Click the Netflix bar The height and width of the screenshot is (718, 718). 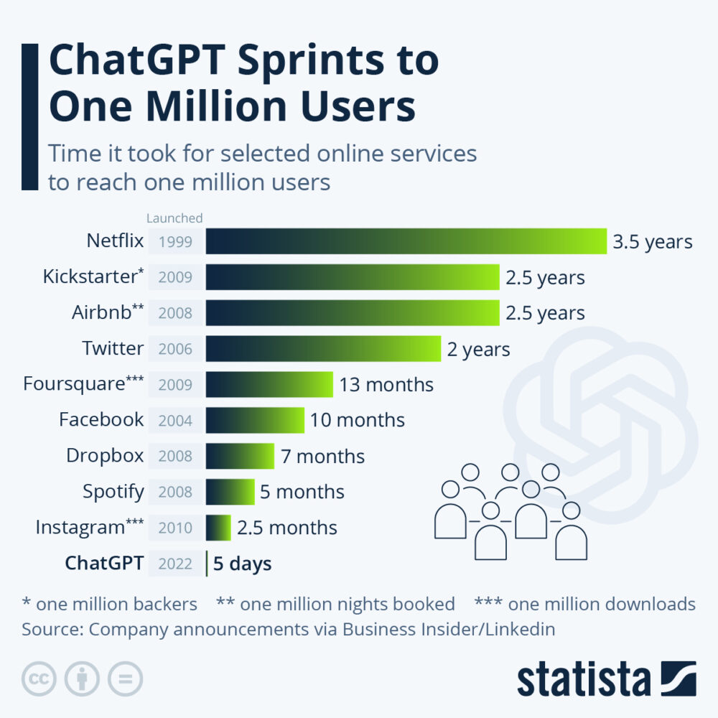[x=406, y=241]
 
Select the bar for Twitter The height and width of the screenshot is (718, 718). [x=323, y=349]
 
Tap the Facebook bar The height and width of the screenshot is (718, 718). [x=255, y=420]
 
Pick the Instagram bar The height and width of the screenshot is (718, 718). [x=218, y=528]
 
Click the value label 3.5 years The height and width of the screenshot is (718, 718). [x=653, y=241]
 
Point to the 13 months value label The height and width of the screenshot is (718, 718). [x=386, y=385]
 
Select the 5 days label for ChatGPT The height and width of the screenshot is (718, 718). [x=242, y=564]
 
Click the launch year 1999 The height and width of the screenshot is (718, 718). [x=176, y=242]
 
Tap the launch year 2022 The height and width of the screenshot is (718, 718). [x=176, y=564]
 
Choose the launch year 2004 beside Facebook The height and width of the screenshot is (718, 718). [x=176, y=421]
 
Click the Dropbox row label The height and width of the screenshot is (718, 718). [x=105, y=456]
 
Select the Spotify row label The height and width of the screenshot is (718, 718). [x=113, y=492]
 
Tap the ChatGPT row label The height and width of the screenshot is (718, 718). [x=105, y=563]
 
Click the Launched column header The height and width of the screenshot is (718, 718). [x=174, y=218]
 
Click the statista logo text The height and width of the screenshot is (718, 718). [x=583, y=679]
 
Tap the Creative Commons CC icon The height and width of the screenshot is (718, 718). [x=39, y=679]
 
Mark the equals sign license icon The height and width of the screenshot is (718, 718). [x=126, y=679]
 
